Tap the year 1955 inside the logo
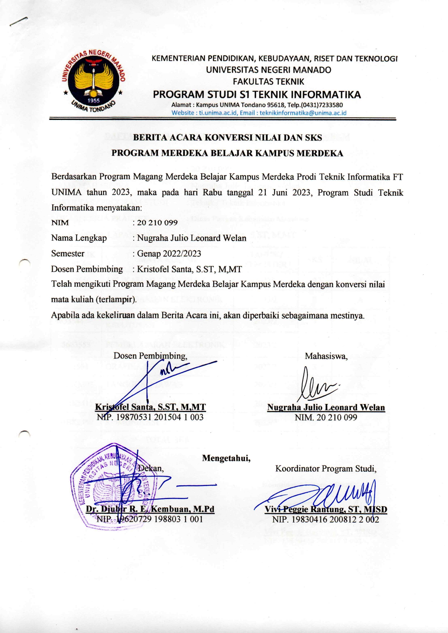pos(94,101)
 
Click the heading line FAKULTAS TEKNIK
pos(268,82)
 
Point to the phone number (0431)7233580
pos(322,105)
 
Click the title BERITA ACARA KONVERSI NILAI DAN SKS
pos(227,138)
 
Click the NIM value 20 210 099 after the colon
pos(157,222)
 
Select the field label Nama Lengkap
pos(79,238)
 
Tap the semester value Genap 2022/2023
pos(169,253)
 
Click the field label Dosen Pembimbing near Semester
pos(87,269)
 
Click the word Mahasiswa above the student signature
pos(326,356)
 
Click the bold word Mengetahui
pos(226,458)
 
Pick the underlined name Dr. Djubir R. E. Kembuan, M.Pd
pos(150,510)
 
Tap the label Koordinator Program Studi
pos(326,469)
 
